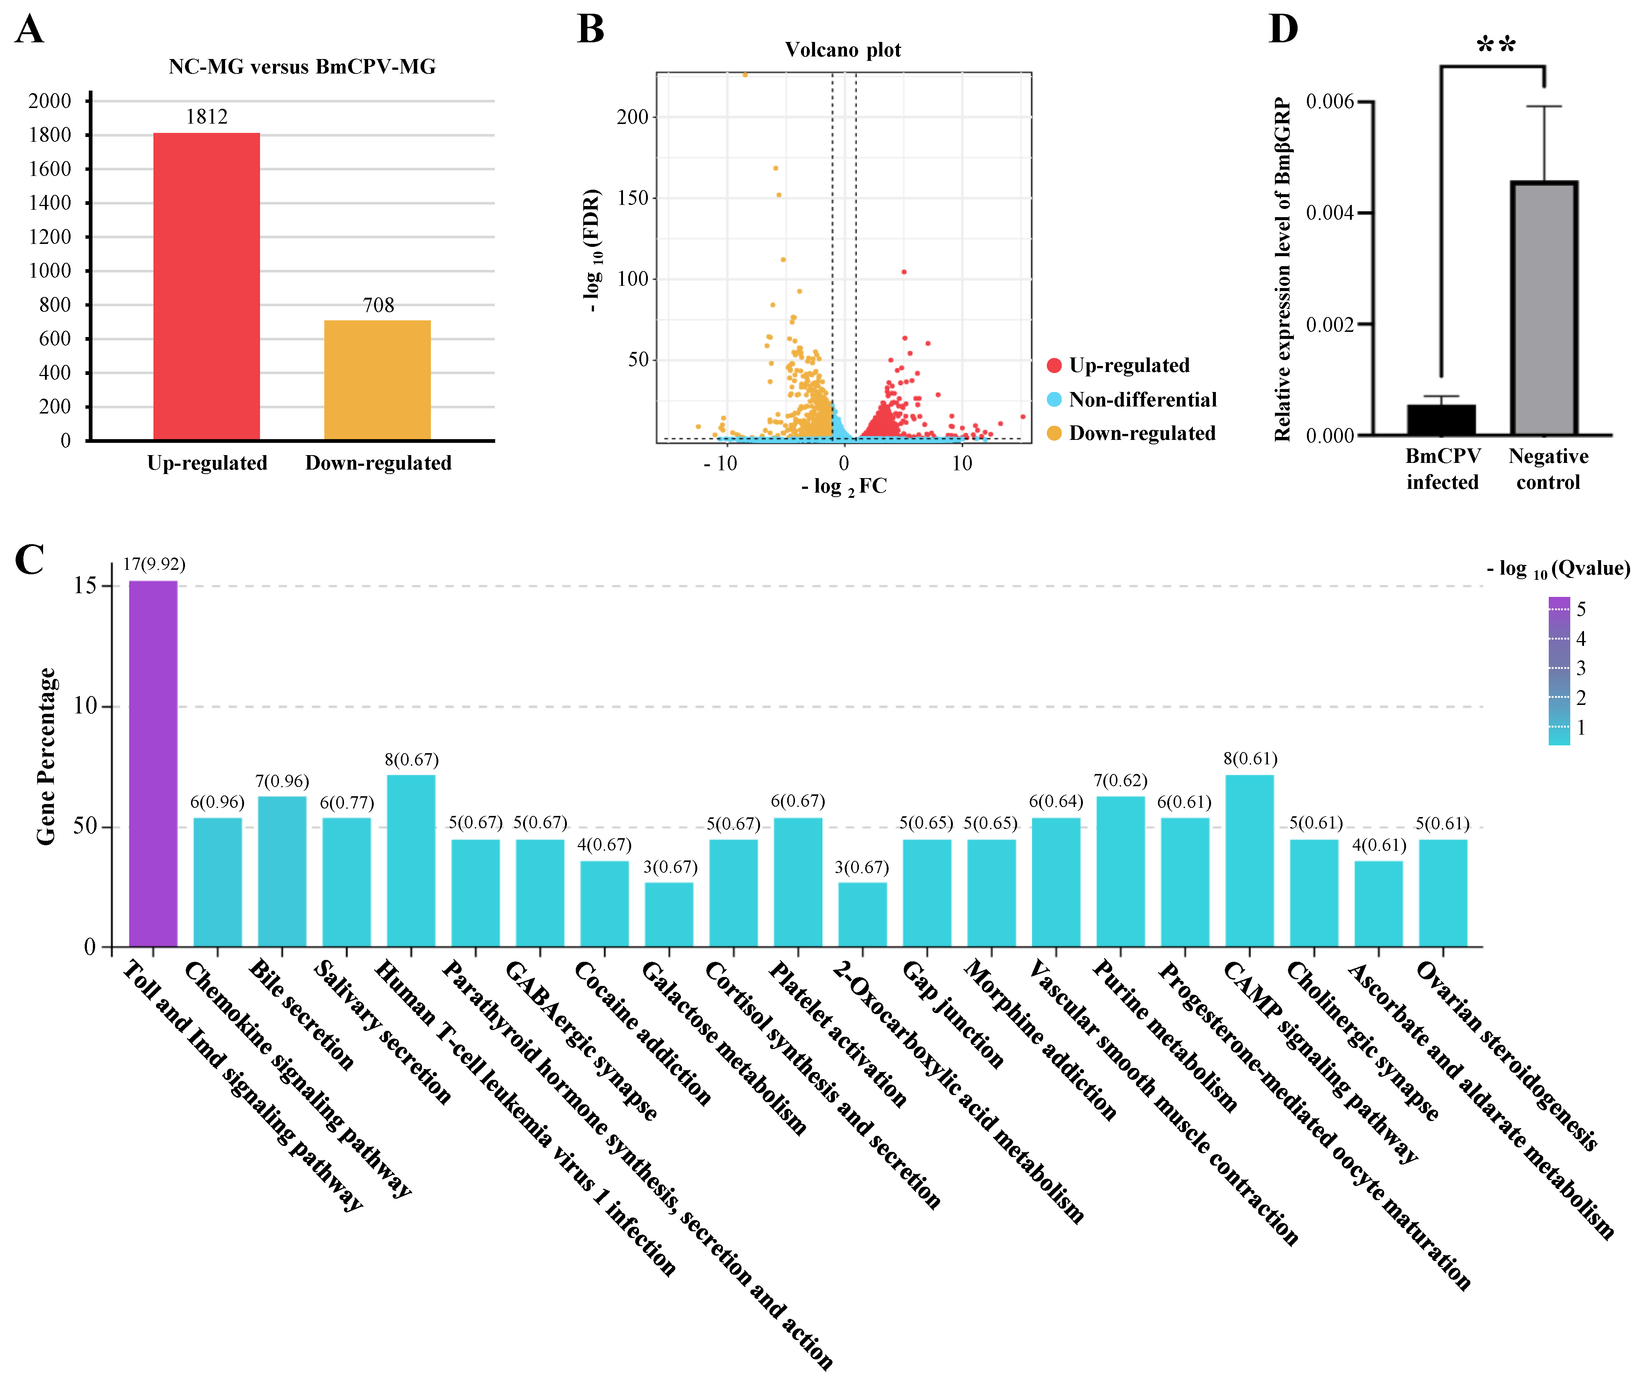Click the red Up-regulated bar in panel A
(x=206, y=286)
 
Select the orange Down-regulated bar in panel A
(x=377, y=380)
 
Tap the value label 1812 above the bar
(x=206, y=117)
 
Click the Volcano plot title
(x=843, y=50)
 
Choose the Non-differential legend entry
(x=1142, y=399)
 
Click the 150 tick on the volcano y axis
(x=633, y=197)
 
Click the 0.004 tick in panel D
(x=1330, y=213)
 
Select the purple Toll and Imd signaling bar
(x=153, y=764)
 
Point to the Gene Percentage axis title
(x=45, y=756)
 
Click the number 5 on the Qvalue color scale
(x=1581, y=609)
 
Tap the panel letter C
(x=30, y=559)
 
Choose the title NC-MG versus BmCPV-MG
(x=302, y=66)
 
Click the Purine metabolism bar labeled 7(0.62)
(x=1120, y=871)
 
